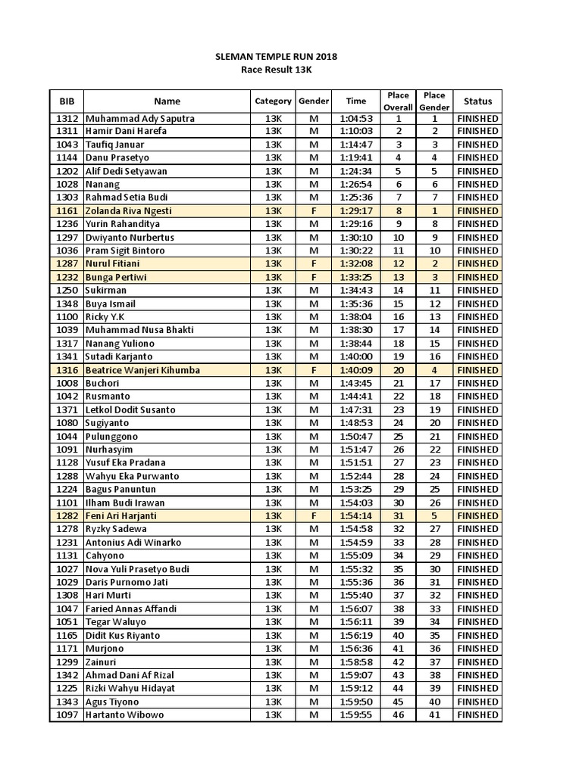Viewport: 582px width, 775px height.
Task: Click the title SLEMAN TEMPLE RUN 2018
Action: (276, 57)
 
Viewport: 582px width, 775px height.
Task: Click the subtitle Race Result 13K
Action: (276, 70)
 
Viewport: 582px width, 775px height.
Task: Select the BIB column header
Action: (67, 101)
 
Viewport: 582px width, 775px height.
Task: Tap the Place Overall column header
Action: (398, 101)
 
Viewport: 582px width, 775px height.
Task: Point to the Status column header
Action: (477, 101)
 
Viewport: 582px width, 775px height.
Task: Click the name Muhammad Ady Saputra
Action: (140, 118)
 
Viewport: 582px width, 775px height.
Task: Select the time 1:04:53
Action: (355, 118)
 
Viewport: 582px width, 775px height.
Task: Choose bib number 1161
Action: (67, 211)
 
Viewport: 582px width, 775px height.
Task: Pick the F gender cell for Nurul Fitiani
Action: (314, 264)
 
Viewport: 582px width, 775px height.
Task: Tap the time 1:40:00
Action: (355, 356)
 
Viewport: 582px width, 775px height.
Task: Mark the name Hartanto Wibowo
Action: (124, 715)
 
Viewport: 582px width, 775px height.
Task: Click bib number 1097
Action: (67, 715)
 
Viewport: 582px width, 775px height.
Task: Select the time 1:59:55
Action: (355, 715)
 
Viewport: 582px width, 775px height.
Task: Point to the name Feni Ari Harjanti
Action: (125, 516)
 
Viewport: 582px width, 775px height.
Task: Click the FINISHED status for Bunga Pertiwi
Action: (477, 277)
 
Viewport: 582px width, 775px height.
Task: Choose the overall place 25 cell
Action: (398, 437)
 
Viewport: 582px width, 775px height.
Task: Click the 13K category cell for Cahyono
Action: (273, 556)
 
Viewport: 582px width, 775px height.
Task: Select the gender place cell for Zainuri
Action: (434, 662)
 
